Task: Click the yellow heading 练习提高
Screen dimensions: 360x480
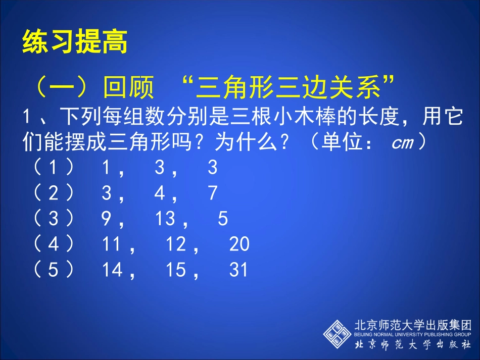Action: pyautogui.click(x=75, y=43)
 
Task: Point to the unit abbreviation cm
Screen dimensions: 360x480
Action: pyautogui.click(x=403, y=143)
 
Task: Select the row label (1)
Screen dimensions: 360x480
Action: pyautogui.click(x=54, y=168)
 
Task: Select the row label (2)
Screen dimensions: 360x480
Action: pyautogui.click(x=54, y=193)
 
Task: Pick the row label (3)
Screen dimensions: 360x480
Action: pyautogui.click(x=54, y=219)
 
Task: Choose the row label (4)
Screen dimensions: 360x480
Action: pyautogui.click(x=54, y=244)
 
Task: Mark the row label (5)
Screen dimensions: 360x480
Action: pyautogui.click(x=54, y=270)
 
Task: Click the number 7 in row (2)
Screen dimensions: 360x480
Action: pyautogui.click(x=213, y=193)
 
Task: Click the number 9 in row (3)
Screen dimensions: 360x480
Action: pyautogui.click(x=107, y=219)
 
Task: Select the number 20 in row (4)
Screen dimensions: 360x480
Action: pyautogui.click(x=239, y=244)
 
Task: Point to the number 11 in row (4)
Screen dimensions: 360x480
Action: pyautogui.click(x=112, y=244)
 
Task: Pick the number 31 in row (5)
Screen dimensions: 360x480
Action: pyautogui.click(x=239, y=270)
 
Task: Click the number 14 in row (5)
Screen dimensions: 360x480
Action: pyautogui.click(x=112, y=270)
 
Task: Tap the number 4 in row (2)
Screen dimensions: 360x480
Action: pyautogui.click(x=160, y=193)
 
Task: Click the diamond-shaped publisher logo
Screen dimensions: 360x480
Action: pyautogui.click(x=338, y=333)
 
